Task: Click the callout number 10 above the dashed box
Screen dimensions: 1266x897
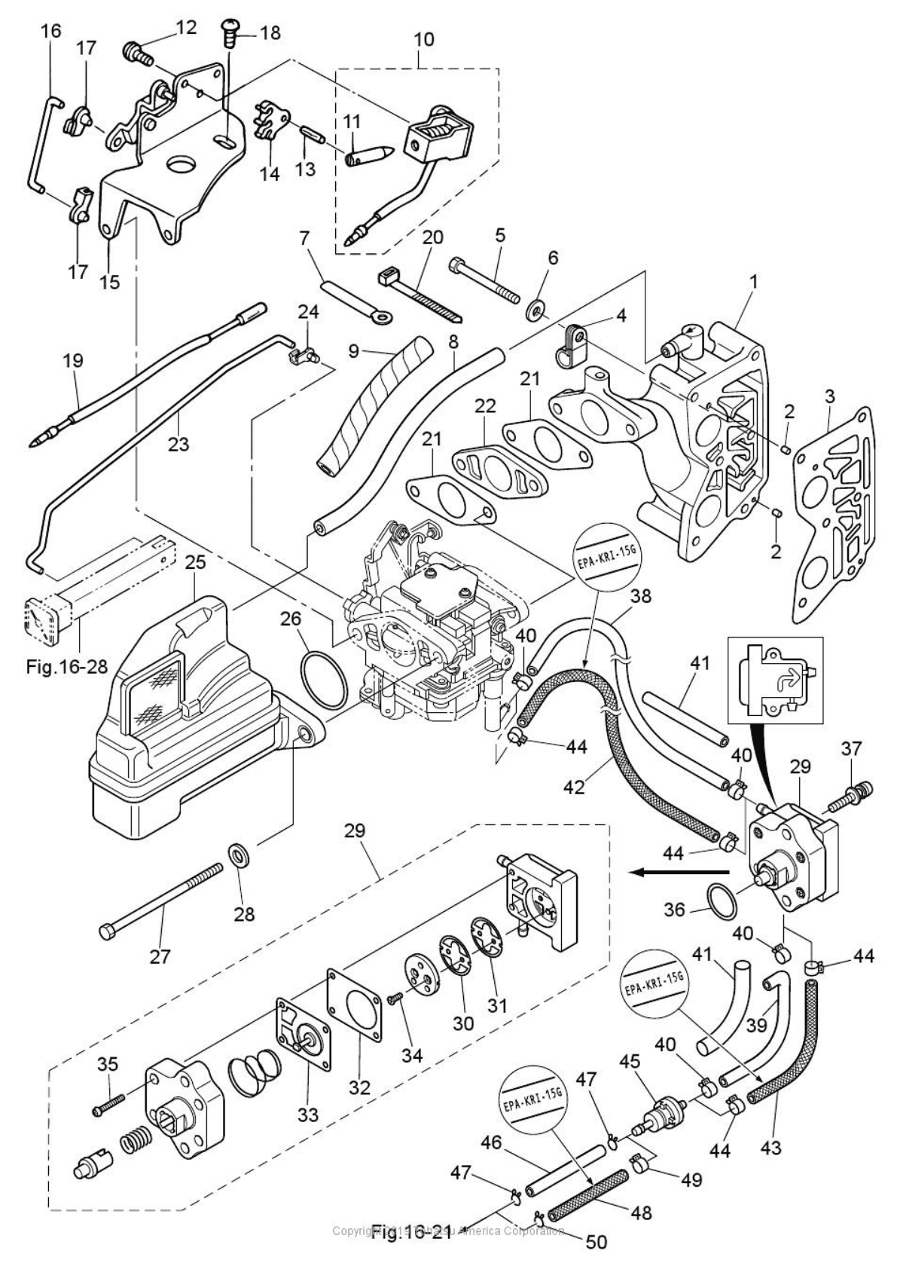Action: [x=424, y=39]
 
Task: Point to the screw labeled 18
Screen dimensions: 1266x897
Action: [x=227, y=35]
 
